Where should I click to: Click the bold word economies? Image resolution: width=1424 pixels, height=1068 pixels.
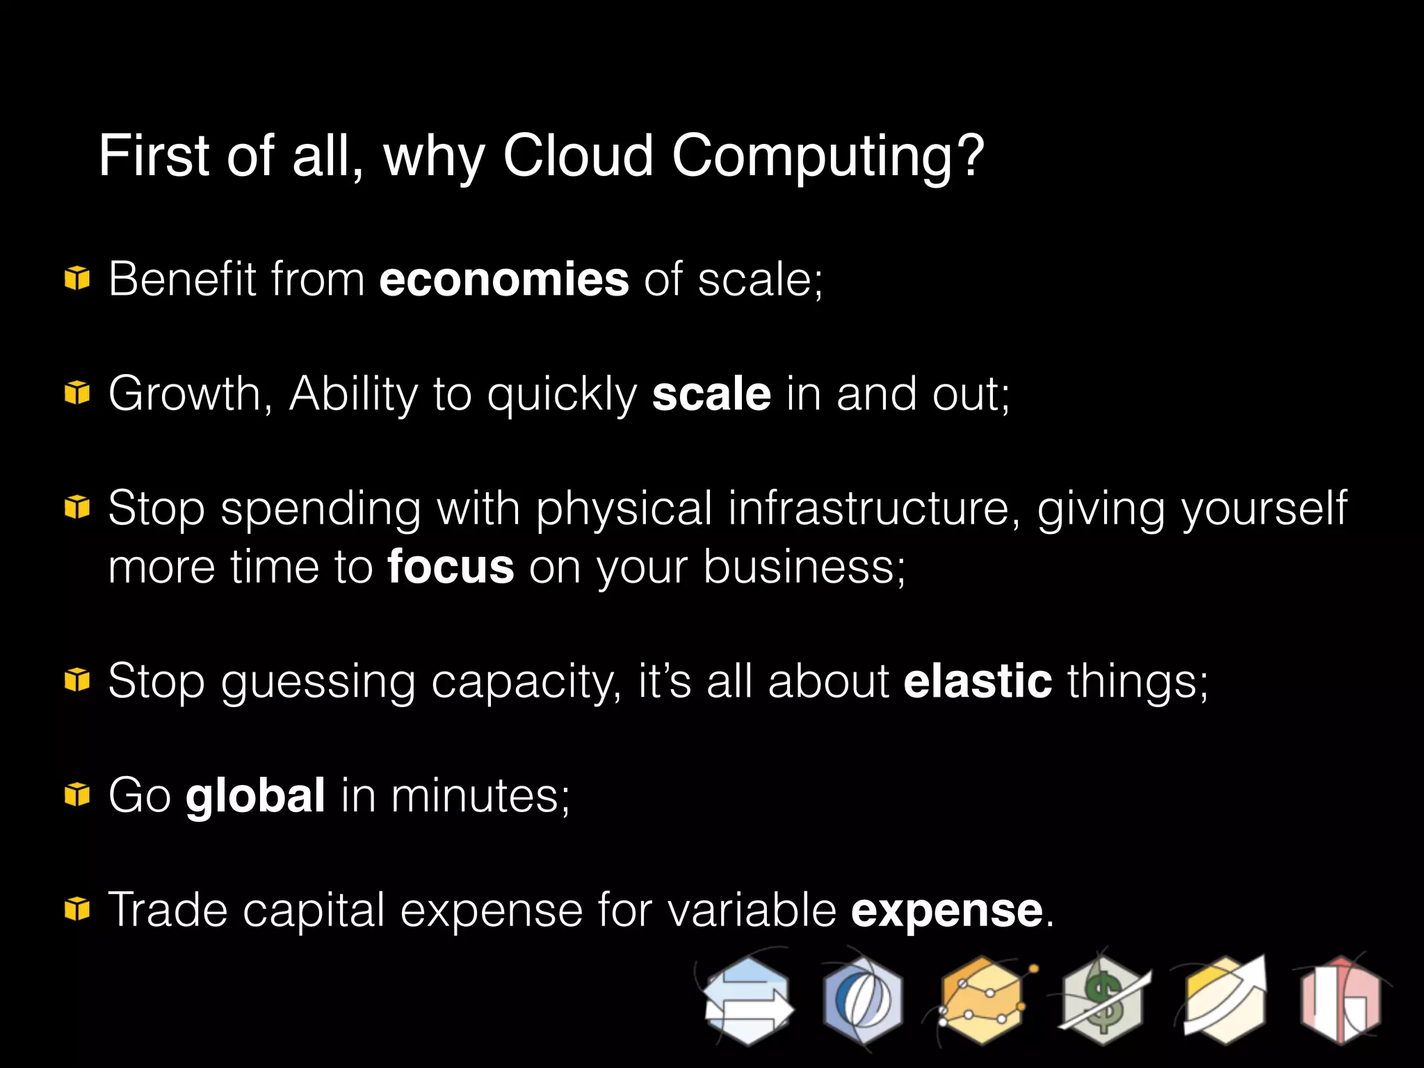(x=504, y=280)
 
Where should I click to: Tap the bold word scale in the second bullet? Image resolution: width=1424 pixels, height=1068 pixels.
(x=711, y=394)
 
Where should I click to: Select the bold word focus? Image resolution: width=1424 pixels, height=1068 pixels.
(x=451, y=567)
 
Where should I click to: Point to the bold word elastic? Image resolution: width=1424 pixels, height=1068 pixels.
(x=977, y=681)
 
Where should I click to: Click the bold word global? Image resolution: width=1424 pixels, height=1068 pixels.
(x=255, y=795)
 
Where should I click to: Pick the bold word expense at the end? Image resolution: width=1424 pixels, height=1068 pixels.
(x=946, y=910)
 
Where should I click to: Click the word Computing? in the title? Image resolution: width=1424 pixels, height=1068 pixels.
(x=827, y=157)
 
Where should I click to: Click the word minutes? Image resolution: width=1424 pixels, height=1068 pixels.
(x=480, y=795)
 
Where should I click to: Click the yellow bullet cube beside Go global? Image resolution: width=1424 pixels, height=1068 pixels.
(x=77, y=795)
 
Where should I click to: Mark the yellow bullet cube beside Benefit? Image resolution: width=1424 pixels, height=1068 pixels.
(x=77, y=279)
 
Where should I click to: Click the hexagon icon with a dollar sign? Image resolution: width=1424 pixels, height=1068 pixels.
(x=1102, y=1001)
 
